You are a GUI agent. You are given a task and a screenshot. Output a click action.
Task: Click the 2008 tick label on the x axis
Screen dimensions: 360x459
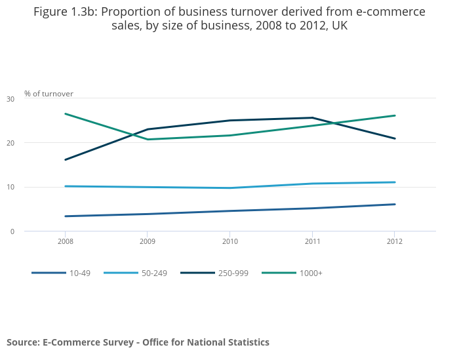point(65,241)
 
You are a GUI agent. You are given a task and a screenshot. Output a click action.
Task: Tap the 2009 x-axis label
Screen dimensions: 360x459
point(147,241)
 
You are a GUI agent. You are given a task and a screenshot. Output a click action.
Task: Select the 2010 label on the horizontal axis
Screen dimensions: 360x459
point(229,241)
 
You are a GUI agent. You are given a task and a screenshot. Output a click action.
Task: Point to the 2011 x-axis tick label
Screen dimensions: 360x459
point(311,241)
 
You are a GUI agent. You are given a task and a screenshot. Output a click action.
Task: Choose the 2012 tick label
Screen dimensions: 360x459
point(394,241)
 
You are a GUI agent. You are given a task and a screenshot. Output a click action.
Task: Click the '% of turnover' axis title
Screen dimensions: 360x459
point(49,94)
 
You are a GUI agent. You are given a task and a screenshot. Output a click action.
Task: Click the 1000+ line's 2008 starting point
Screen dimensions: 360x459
point(65,113)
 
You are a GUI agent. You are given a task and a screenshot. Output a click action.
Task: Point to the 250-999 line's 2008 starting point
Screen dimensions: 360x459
point(65,159)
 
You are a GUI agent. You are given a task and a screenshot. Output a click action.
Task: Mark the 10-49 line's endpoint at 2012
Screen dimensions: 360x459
point(394,204)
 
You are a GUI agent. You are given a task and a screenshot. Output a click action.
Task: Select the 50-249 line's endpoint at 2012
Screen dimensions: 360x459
point(394,182)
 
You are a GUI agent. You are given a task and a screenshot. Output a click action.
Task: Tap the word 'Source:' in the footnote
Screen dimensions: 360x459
point(23,342)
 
